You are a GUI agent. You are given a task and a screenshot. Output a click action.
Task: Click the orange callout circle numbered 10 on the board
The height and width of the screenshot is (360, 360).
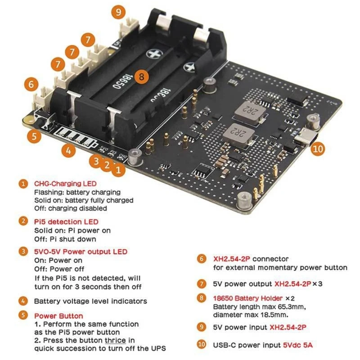click(318, 149)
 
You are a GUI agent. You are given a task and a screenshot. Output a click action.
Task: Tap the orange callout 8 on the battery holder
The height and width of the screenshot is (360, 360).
click(141, 76)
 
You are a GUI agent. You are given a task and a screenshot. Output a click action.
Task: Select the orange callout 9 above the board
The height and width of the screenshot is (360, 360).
click(118, 12)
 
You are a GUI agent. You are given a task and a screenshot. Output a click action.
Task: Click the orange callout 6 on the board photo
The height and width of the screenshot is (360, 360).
click(31, 84)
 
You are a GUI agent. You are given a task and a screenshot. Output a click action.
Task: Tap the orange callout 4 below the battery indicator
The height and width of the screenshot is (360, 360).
click(68, 151)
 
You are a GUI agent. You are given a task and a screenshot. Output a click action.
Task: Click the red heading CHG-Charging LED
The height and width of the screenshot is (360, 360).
click(65, 184)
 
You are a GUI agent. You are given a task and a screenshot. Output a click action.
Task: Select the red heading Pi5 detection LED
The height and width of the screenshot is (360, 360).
click(66, 221)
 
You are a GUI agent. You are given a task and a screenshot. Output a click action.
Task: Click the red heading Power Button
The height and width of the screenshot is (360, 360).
click(58, 316)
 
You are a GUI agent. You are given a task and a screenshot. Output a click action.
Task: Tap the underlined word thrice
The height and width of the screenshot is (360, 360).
click(116, 340)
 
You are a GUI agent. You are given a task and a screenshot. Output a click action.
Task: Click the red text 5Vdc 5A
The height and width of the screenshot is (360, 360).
click(297, 345)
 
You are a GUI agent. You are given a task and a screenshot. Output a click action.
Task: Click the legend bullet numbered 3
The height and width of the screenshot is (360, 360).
click(23, 252)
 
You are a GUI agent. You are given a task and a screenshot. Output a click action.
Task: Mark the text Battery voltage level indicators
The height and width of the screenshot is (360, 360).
click(90, 301)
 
